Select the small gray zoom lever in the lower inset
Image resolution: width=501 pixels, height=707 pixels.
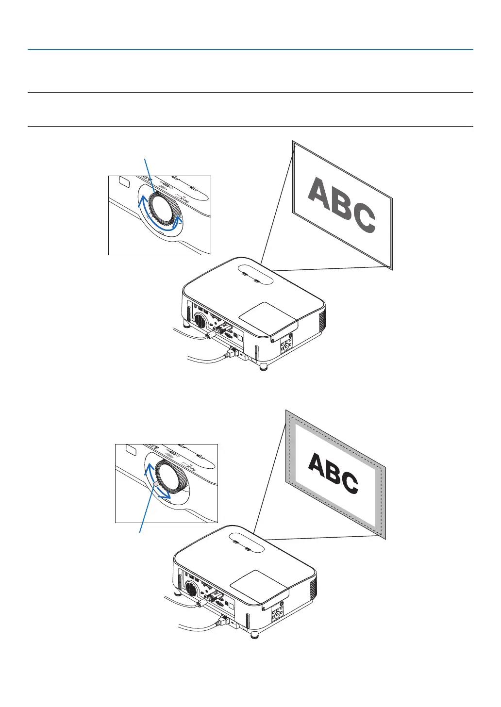[x=154, y=484]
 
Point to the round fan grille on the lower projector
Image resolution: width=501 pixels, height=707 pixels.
[x=190, y=590]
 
